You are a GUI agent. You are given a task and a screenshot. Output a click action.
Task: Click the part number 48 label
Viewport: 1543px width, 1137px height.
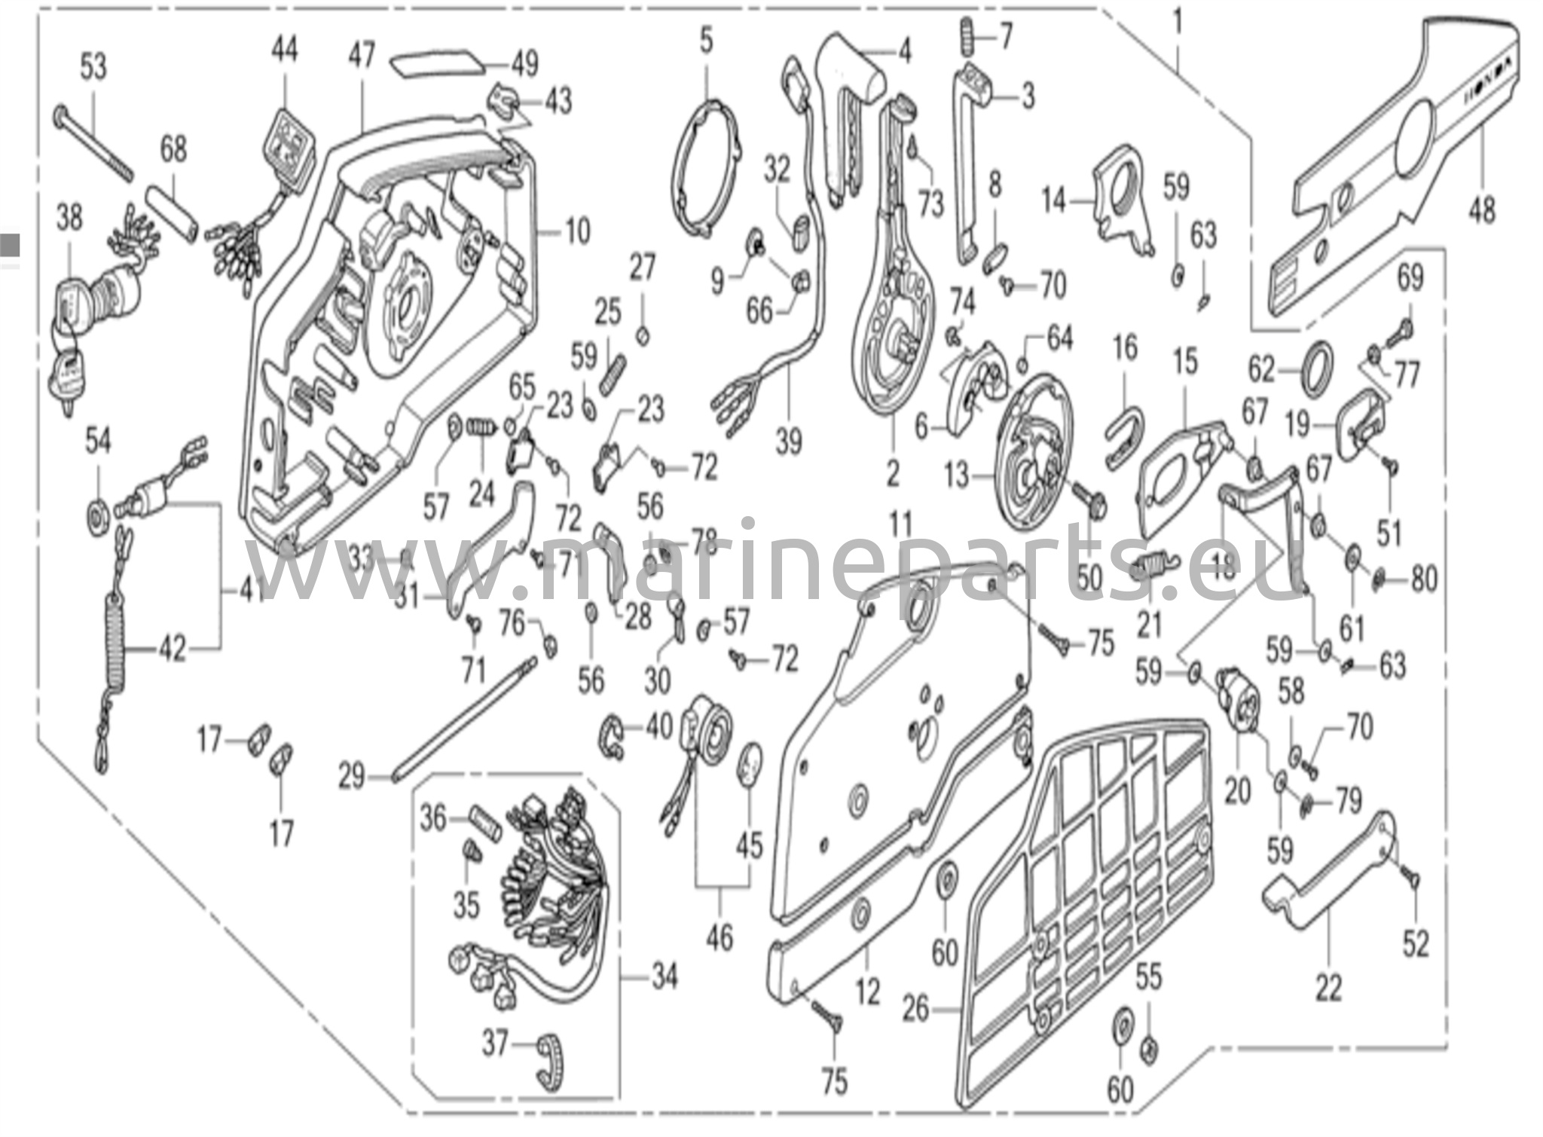point(1481,209)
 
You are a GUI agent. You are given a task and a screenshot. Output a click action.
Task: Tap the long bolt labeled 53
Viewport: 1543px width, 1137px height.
point(93,147)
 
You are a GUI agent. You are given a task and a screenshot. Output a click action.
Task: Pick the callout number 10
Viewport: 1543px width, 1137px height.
point(578,231)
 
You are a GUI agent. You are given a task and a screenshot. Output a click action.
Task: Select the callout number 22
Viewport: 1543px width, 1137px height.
point(1328,988)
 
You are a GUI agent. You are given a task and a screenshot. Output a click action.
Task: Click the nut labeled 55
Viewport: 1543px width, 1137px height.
point(1150,1047)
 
